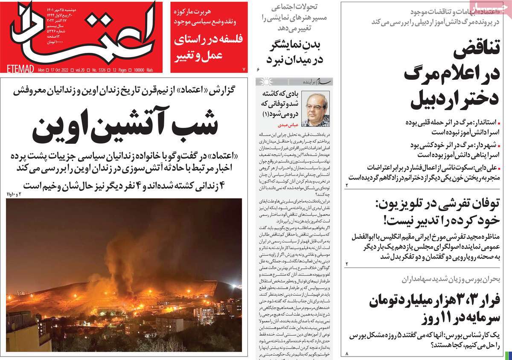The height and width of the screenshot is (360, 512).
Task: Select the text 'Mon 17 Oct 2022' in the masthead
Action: pyautogui.click(x=56, y=70)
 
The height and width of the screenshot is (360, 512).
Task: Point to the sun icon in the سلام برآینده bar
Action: pyautogui.click(x=266, y=81)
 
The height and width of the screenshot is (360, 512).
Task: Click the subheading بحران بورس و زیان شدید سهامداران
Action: pyautogui.click(x=455, y=280)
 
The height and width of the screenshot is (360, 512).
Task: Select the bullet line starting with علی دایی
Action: pyautogui.click(x=427, y=172)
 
